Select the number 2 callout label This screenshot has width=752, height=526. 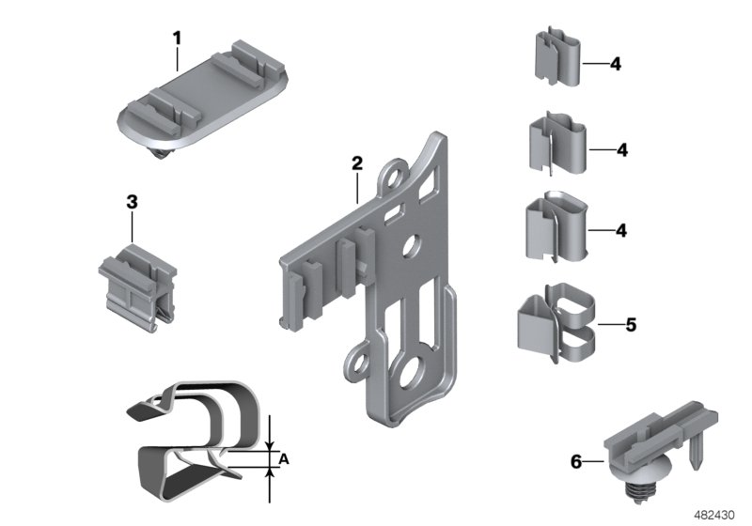(x=356, y=162)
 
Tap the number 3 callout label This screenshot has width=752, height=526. (x=132, y=201)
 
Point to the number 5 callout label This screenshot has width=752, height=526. (x=631, y=325)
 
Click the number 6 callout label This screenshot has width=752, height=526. (x=576, y=461)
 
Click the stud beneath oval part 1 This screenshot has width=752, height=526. (x=165, y=151)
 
